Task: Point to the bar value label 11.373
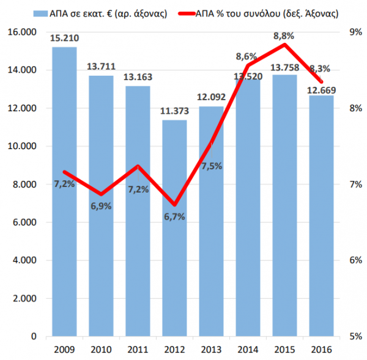click(174, 112)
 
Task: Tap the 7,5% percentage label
click(211, 166)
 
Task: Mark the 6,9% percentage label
click(101, 206)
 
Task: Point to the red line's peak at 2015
click(284, 44)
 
